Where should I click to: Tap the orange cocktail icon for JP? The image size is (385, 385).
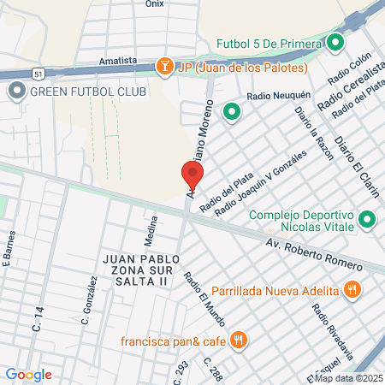[163, 66]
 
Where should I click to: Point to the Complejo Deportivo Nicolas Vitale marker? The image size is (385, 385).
[366, 221]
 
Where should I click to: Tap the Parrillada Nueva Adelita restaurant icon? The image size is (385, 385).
[351, 289]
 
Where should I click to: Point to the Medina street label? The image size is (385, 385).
[150, 229]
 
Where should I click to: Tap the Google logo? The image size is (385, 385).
[28, 374]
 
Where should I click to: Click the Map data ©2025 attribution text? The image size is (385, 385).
[347, 378]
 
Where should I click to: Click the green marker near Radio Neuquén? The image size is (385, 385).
[230, 110]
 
